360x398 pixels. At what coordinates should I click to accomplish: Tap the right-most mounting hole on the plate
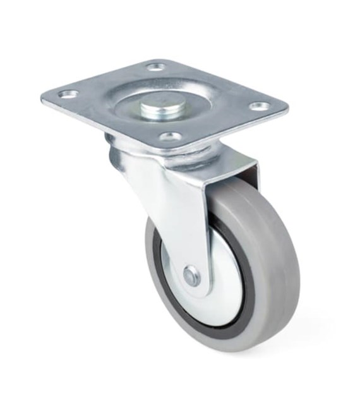260,106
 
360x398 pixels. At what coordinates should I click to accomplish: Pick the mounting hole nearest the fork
170,136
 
